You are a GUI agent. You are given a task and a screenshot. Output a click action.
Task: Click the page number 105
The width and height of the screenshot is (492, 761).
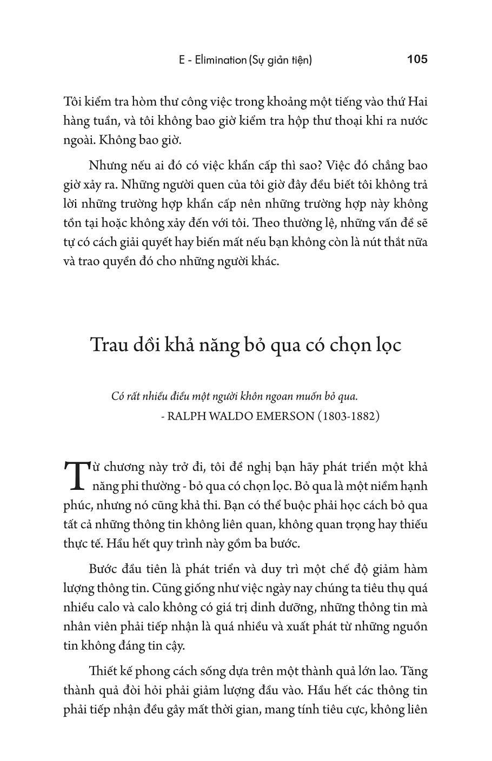tap(417, 59)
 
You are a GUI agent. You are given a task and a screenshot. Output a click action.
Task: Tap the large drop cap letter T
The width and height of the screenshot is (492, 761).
tap(75, 475)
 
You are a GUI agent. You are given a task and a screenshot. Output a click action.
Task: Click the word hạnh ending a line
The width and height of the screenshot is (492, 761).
tap(414, 486)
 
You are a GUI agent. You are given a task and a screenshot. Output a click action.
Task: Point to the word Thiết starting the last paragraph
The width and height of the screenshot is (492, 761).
tap(103, 671)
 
